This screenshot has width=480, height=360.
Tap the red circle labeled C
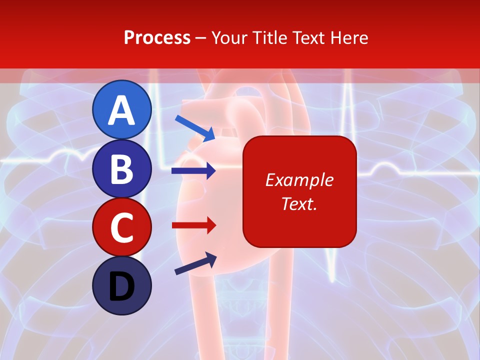[121, 227]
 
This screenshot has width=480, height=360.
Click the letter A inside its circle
[121, 110]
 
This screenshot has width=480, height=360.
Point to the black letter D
[121, 287]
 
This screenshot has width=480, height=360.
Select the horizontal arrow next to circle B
[193, 171]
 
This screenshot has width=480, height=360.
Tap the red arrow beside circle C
[193, 225]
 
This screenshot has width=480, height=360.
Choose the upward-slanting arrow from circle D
[195, 263]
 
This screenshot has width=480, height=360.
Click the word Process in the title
[157, 37]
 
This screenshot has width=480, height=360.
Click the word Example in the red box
[299, 180]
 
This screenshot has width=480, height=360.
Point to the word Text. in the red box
[299, 203]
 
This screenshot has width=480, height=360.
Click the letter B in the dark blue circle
[121, 169]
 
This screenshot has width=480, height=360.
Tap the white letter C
[121, 228]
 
